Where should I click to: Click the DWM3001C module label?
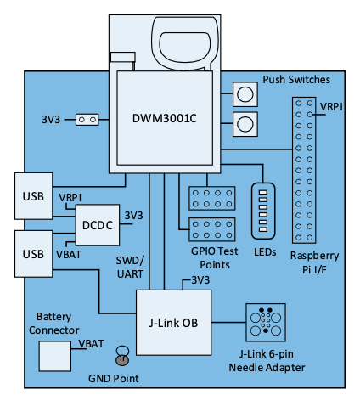(x=165, y=118)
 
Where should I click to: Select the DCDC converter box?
(x=98, y=225)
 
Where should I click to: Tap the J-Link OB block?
(x=173, y=323)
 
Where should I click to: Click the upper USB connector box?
(x=33, y=196)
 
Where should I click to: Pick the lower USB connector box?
(x=33, y=254)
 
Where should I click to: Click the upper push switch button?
(x=245, y=94)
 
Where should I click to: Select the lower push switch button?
(x=245, y=124)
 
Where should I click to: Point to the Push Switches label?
(x=296, y=80)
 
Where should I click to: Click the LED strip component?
(x=263, y=211)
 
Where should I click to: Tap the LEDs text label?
(x=265, y=252)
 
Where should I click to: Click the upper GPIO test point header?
(x=212, y=198)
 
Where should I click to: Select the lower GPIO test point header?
(x=212, y=229)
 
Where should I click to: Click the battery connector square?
(x=55, y=356)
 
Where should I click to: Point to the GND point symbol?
(x=122, y=356)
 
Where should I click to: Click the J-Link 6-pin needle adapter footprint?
(x=266, y=323)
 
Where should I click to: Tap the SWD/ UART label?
(x=130, y=267)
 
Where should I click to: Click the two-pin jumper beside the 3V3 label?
(x=87, y=120)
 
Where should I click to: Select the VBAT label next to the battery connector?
(x=91, y=344)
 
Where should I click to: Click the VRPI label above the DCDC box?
(x=70, y=197)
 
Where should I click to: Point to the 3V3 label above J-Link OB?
(x=200, y=280)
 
